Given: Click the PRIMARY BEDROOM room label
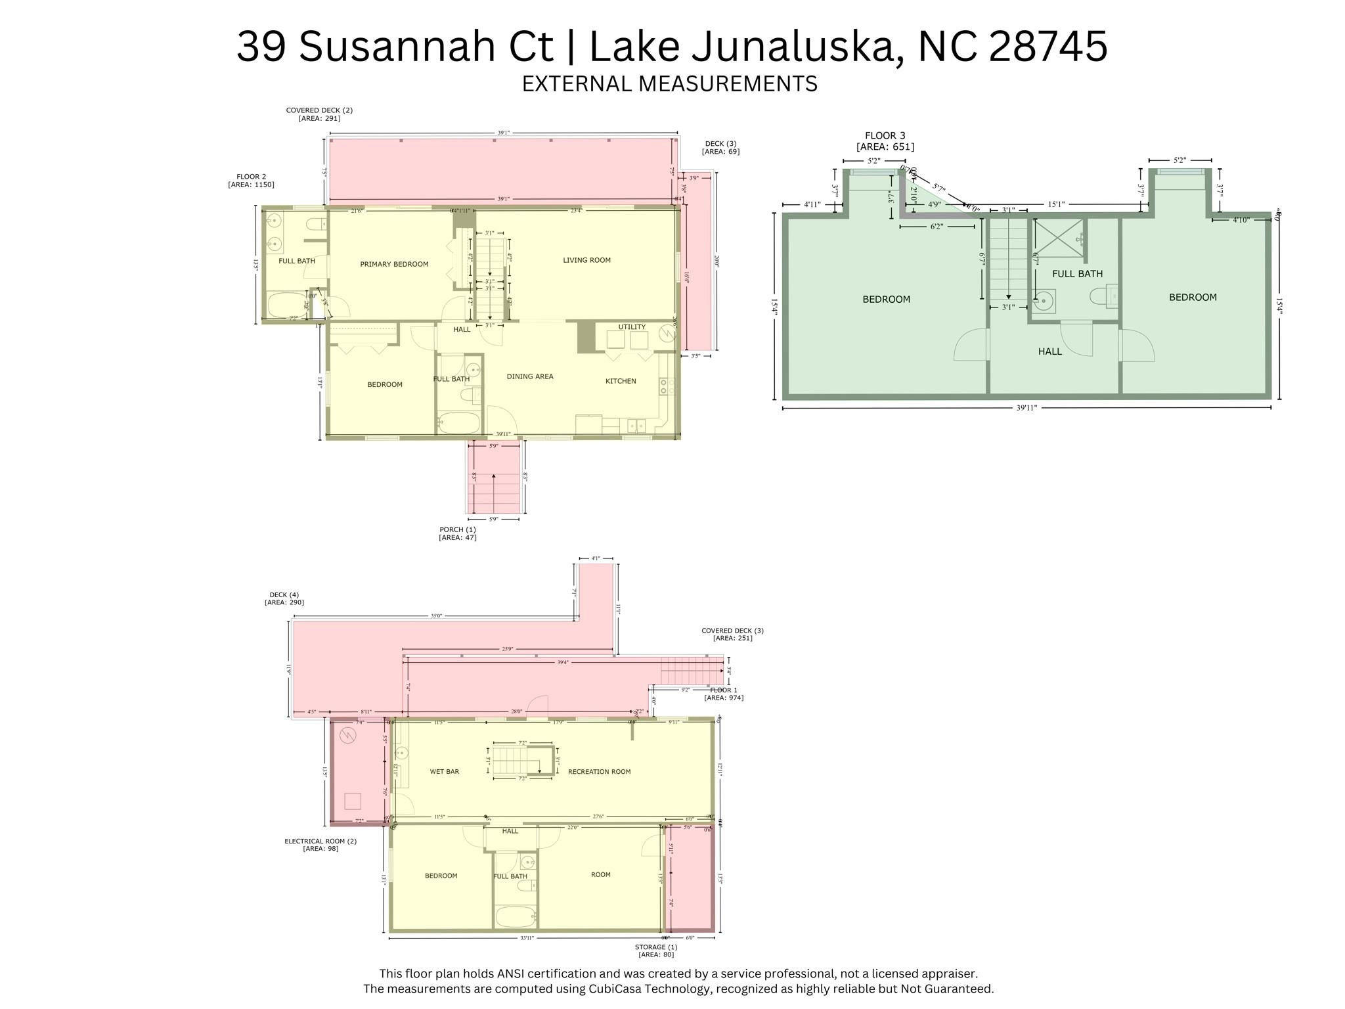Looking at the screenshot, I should click(394, 264).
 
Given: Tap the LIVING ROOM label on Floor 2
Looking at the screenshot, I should click(586, 260).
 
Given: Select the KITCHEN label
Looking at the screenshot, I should click(621, 381).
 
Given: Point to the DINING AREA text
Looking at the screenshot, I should click(530, 376).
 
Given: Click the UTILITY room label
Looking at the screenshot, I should click(632, 327).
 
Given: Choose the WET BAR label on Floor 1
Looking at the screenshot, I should click(445, 771).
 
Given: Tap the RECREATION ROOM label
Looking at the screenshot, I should click(599, 771).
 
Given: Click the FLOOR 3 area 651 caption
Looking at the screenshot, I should click(885, 141).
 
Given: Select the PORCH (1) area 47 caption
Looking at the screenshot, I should click(458, 533).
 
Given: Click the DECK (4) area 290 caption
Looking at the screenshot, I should click(284, 598).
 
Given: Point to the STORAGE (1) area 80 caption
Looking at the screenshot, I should click(655, 951).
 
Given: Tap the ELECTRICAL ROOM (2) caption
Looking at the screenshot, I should click(320, 845).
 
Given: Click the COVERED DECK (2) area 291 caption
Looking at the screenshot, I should click(319, 114).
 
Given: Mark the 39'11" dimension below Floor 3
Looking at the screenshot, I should click(1026, 408).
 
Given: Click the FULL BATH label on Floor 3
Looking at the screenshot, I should click(1077, 273).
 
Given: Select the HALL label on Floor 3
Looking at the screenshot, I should click(1049, 351).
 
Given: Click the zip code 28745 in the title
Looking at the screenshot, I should click(1048, 46).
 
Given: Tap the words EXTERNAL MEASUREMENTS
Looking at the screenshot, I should click(669, 84).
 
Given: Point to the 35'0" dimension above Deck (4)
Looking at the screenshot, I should click(436, 616).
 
